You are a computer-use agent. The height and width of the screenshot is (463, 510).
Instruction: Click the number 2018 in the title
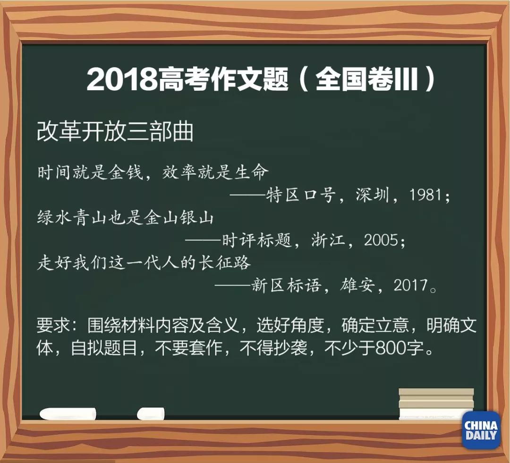(122, 79)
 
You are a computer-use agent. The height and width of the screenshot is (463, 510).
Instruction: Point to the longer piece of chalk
(68, 414)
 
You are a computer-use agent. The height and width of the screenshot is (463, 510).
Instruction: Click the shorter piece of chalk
(151, 414)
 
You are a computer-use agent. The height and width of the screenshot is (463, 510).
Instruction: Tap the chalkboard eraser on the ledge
(435, 404)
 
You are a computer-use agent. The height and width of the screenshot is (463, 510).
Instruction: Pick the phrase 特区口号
(302, 195)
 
